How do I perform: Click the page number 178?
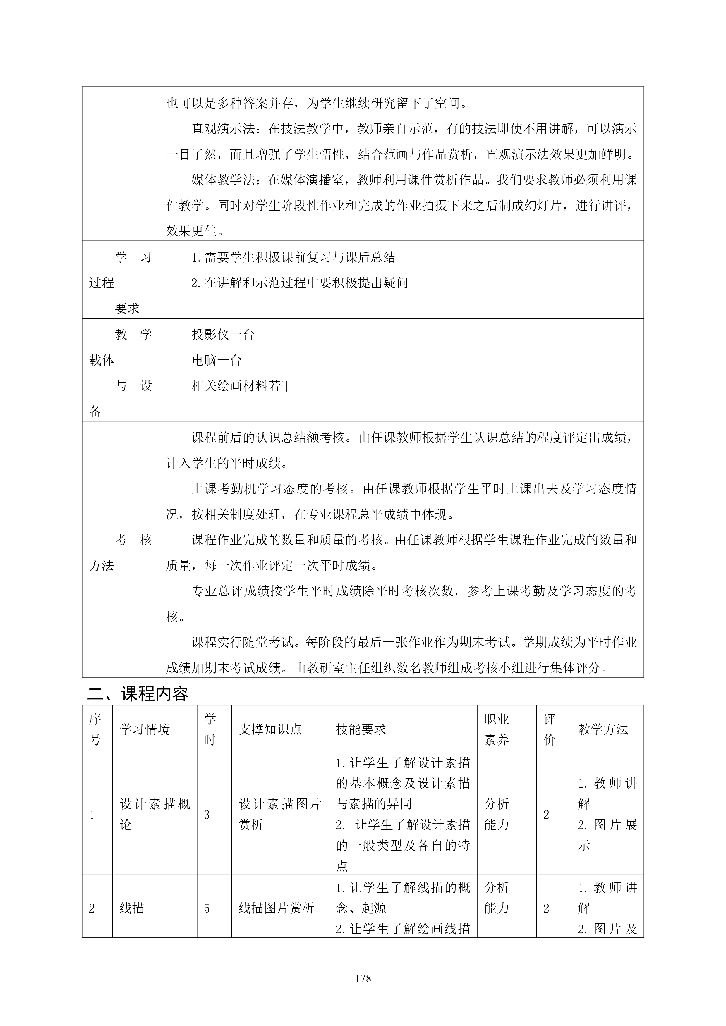363,978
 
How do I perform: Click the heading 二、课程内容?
138,693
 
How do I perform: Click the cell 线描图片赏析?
276,908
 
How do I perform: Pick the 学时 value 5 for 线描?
207,908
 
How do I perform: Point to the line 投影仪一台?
223,334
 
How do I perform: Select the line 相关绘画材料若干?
242,386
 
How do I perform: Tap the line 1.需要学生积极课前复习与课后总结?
293,257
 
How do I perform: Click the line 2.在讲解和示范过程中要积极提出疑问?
300,283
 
